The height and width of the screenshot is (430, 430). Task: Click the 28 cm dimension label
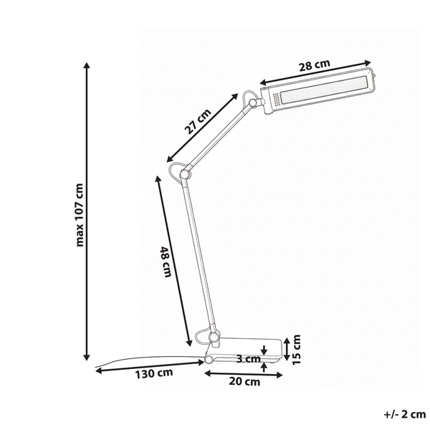point(314,65)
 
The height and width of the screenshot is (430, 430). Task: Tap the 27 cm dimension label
point(198,122)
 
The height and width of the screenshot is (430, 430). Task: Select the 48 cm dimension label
point(166,262)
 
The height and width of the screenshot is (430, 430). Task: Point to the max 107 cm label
point(80,215)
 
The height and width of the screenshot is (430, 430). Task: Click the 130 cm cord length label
point(154,373)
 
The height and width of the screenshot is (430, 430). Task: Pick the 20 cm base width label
point(244,381)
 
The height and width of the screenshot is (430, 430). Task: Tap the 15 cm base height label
point(297,350)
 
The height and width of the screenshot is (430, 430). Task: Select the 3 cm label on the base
point(248,358)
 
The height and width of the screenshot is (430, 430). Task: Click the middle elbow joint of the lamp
point(185,174)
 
